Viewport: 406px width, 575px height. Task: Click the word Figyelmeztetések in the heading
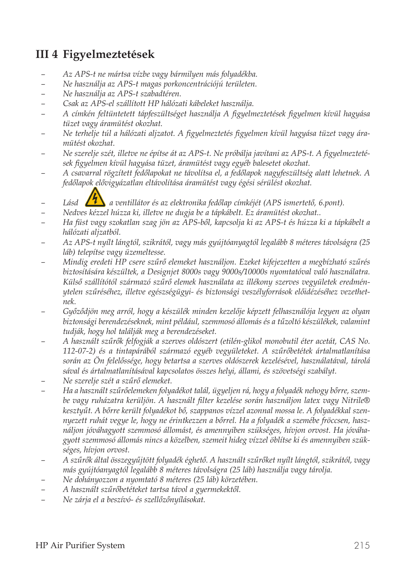point(109,55)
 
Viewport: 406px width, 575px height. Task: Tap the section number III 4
point(47,55)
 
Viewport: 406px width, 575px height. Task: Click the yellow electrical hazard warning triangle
point(95,198)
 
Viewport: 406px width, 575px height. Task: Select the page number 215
point(362,545)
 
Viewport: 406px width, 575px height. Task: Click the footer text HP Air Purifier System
point(80,545)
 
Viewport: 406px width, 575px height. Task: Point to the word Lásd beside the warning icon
point(71,203)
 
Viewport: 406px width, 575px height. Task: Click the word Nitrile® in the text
point(356,400)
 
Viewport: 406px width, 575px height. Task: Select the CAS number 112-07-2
point(79,351)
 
